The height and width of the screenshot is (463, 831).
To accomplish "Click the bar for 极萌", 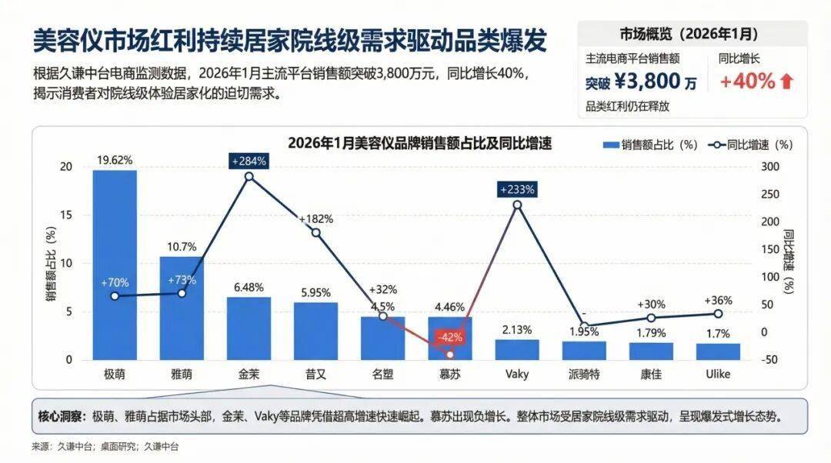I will coord(115,265).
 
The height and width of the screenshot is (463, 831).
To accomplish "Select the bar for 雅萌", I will coord(182,308).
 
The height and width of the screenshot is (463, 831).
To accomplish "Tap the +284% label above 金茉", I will coord(249,161).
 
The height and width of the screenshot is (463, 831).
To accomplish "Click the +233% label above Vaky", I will coord(517,189).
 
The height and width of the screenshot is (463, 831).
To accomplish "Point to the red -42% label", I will coord(449,337).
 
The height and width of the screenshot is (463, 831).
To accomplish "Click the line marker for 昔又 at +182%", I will coord(315,232).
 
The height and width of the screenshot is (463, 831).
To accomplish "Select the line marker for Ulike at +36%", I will coord(718,314).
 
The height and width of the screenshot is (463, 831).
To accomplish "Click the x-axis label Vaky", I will coord(516,375).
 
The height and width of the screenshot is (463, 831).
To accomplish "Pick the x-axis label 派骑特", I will coord(584,375).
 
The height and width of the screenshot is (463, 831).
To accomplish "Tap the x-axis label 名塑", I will coord(382,375).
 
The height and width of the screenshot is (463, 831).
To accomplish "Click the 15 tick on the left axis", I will coord(67,215).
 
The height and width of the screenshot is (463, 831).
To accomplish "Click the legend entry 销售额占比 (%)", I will coord(649,145).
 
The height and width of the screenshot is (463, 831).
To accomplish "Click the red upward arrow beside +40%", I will coord(786,82).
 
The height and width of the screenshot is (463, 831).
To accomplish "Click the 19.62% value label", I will coord(115,160).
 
